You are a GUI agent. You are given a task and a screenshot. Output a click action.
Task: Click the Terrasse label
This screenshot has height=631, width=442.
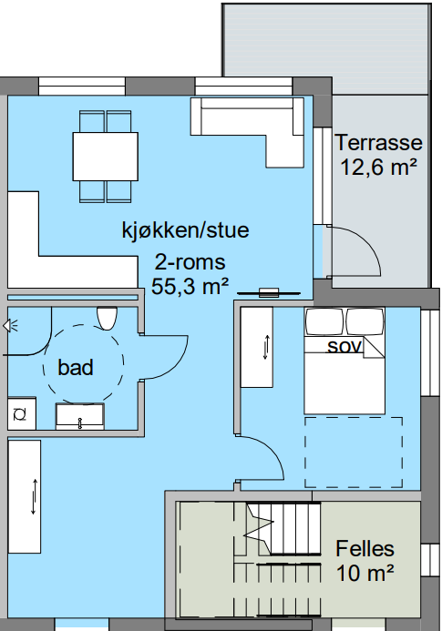(378, 143)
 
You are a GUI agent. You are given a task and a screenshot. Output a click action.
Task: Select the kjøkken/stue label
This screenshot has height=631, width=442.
(185, 229)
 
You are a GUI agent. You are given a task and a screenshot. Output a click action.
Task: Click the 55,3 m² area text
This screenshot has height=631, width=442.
(190, 286)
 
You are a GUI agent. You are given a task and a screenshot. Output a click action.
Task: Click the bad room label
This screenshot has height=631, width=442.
(76, 368)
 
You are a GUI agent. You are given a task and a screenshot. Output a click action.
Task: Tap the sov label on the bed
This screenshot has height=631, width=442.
(345, 347)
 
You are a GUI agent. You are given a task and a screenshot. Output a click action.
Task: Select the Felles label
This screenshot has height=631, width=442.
(365, 549)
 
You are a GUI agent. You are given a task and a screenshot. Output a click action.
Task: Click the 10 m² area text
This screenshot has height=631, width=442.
(365, 573)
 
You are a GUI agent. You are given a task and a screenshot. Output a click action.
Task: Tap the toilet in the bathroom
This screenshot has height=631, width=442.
(107, 319)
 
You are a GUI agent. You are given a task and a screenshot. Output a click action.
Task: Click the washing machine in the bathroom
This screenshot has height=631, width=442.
(20, 413)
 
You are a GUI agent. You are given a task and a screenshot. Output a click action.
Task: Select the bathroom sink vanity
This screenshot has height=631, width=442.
(80, 415)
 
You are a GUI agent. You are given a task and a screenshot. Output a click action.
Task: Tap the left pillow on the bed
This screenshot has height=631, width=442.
(324, 321)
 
